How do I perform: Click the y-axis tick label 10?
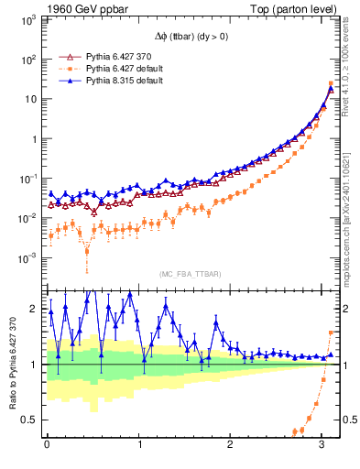[x=29, y=99]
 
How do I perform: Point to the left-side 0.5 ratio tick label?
[x=30, y=420]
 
